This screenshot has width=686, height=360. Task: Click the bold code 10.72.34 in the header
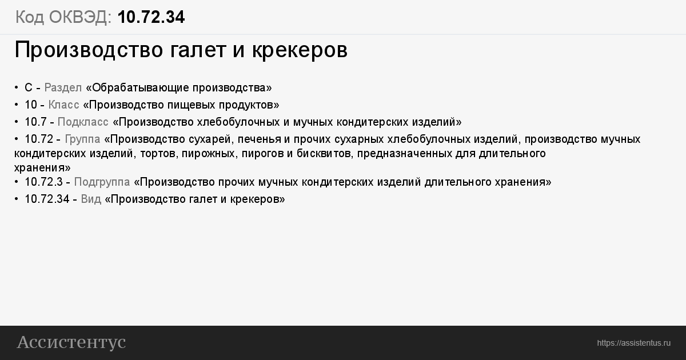[x=151, y=17]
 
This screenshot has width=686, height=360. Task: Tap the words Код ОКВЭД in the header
[x=63, y=17]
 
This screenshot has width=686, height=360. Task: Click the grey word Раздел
[x=63, y=88]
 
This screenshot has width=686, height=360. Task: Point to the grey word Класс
[x=63, y=105]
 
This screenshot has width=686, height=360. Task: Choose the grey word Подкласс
[x=83, y=122]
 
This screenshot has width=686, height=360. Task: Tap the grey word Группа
[x=82, y=139]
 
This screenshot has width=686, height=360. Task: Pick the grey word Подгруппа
[x=102, y=182]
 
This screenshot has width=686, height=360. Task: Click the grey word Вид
[x=91, y=199]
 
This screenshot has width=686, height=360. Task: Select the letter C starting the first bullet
[x=29, y=88]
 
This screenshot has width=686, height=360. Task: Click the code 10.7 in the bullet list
[x=35, y=122]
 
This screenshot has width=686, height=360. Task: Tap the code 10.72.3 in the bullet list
[x=43, y=182]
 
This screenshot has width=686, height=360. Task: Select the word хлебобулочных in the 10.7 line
[x=238, y=122]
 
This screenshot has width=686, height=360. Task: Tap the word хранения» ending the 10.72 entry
[x=42, y=168]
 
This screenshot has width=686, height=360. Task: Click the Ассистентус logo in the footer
[x=71, y=342]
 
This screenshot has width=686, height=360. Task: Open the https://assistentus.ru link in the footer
[x=633, y=343]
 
